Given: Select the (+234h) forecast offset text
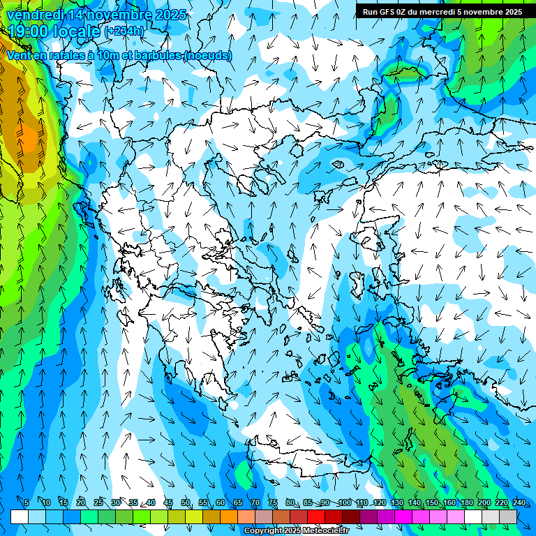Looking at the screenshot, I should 124,31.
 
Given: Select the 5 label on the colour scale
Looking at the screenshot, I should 27,502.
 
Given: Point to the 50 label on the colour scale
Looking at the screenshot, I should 186,502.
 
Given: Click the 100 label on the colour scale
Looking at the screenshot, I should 345,502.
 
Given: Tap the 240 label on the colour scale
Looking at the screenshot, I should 519,502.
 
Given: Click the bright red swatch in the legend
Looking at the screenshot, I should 316,516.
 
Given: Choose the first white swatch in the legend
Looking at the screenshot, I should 20,516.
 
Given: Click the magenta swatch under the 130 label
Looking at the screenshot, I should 403,516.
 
